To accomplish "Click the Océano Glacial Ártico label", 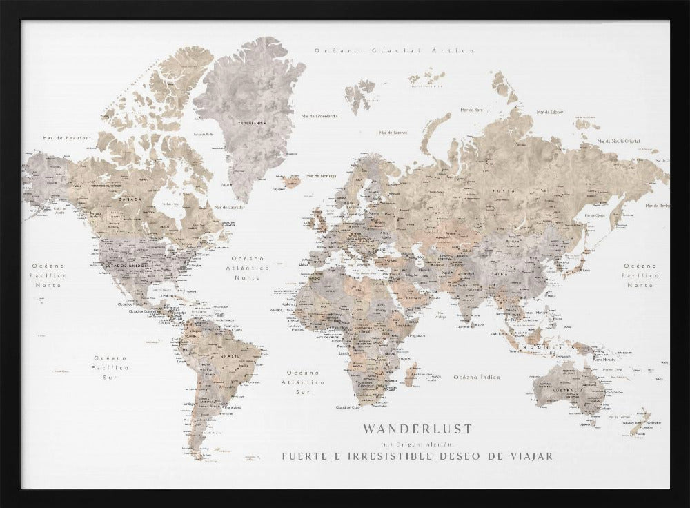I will [394, 50].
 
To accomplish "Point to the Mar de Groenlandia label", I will [319, 116].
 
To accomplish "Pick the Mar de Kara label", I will [493, 110].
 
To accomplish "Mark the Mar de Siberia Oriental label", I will [619, 141].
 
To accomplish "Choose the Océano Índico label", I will [477, 377].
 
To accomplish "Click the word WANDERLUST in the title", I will [417, 429].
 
